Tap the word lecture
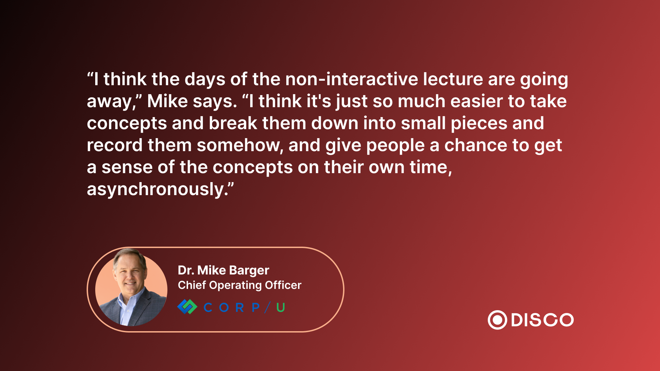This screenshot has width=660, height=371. [x=453, y=79]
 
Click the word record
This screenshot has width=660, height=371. [x=114, y=145]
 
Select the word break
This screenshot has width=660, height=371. [x=233, y=123]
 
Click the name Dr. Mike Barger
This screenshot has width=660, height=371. [x=223, y=270]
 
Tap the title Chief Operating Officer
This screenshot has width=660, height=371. [x=240, y=285]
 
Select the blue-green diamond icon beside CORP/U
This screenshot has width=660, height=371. [x=187, y=307]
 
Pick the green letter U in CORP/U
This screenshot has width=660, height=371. [x=280, y=307]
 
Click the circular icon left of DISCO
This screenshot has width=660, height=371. [x=497, y=320]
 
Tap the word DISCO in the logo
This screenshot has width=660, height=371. [x=542, y=320]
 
